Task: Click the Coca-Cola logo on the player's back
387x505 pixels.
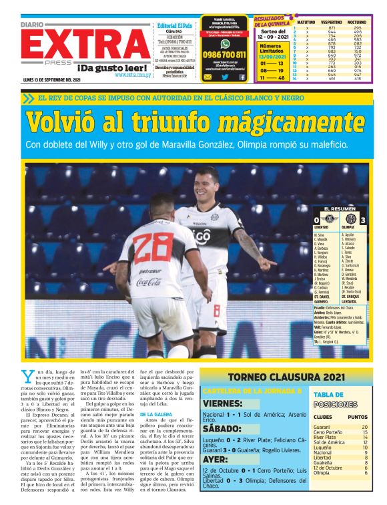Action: [149, 282]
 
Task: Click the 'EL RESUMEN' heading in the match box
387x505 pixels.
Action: [339, 209]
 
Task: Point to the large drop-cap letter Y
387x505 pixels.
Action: [27, 376]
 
